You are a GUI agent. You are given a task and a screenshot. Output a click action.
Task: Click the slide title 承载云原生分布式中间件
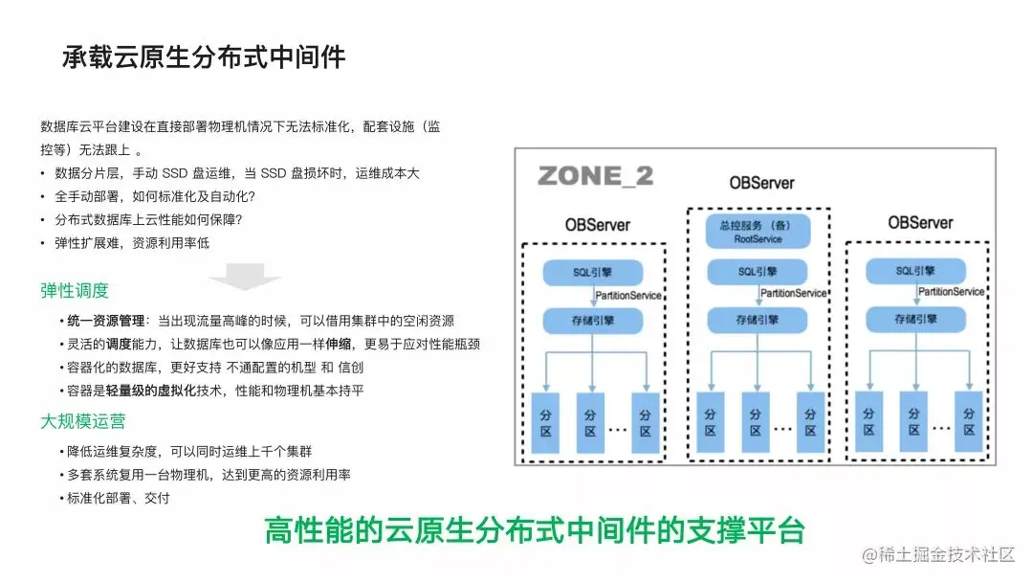(204, 56)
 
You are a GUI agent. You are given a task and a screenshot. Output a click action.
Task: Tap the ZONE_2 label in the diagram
(595, 175)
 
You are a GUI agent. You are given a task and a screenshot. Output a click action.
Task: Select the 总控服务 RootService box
(758, 231)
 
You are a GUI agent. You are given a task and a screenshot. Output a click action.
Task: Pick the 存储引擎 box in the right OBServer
(919, 319)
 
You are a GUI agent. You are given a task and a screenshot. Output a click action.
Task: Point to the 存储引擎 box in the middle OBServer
(758, 320)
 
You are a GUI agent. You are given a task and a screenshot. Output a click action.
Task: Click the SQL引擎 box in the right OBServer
(919, 272)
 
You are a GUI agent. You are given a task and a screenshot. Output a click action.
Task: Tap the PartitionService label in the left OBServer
(627, 295)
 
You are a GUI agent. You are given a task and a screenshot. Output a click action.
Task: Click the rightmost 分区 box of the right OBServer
(969, 422)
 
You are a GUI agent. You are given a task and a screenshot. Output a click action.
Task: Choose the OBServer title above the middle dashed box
(761, 183)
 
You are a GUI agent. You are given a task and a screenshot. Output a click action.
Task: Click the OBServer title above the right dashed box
(920, 222)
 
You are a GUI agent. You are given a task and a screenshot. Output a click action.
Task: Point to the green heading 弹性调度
(75, 291)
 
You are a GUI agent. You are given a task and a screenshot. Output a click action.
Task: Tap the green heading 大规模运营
(83, 421)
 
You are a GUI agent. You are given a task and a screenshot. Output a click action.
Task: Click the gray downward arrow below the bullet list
(245, 278)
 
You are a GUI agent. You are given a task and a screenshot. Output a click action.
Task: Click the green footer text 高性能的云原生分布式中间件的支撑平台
(535, 530)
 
